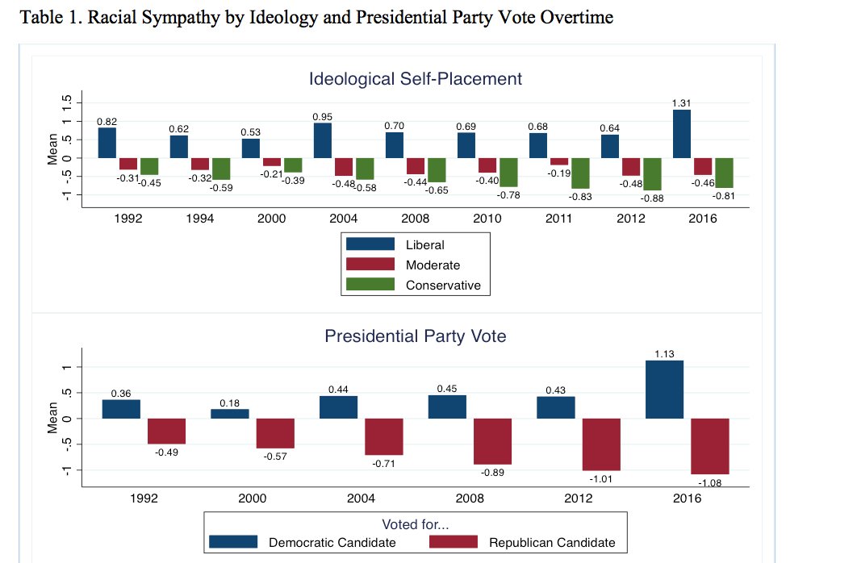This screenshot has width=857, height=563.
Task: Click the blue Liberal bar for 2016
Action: point(681,133)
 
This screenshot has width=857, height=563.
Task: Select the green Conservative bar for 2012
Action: point(652,173)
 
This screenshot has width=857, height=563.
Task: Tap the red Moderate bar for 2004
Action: point(344,166)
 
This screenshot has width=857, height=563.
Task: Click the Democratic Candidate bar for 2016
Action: point(665,389)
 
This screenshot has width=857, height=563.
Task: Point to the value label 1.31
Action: point(682,103)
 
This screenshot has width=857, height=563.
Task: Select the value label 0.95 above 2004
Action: point(322,117)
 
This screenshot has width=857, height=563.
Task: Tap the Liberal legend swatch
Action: point(370,244)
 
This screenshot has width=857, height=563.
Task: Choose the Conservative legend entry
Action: point(443,285)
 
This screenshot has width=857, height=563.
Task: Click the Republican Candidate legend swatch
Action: point(454,542)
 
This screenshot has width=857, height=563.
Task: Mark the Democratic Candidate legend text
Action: point(332,543)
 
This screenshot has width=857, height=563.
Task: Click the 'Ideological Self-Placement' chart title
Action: point(416,79)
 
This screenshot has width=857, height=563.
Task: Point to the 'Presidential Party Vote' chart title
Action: point(416,336)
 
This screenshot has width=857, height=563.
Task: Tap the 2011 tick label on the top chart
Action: point(558,218)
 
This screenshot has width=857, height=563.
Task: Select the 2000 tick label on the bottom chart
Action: point(252,498)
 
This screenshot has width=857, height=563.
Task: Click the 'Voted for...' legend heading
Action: point(416,525)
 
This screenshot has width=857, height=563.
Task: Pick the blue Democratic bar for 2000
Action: point(230,414)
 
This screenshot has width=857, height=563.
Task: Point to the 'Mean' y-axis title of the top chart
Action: point(53,149)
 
